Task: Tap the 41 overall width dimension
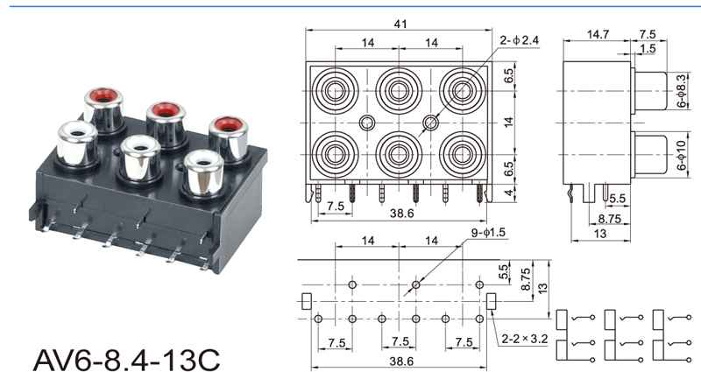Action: pos(400,24)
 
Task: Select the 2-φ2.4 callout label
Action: pos(520,40)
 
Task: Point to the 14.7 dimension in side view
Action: pos(598,34)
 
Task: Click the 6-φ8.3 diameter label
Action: pos(682,93)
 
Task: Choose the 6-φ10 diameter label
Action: pos(682,155)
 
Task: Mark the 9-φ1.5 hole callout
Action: pos(488,232)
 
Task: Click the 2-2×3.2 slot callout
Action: pos(524,339)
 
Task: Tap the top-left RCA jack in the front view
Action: pos(335,91)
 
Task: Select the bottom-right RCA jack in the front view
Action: pos(462,155)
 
